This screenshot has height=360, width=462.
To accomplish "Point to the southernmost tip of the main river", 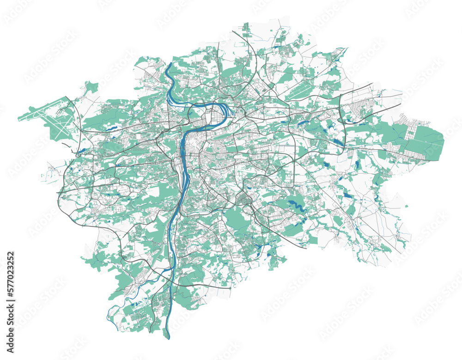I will pyautogui.click(x=168, y=338).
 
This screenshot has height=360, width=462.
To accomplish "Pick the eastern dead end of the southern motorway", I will pyautogui.click(x=230, y=288).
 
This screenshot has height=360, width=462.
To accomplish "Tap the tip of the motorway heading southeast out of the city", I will pyautogui.click(x=305, y=248).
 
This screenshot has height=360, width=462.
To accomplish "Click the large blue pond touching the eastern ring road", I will pyautogui.click(x=339, y=142).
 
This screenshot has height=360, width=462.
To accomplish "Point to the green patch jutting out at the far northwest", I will pyautogui.click(x=91, y=86).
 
